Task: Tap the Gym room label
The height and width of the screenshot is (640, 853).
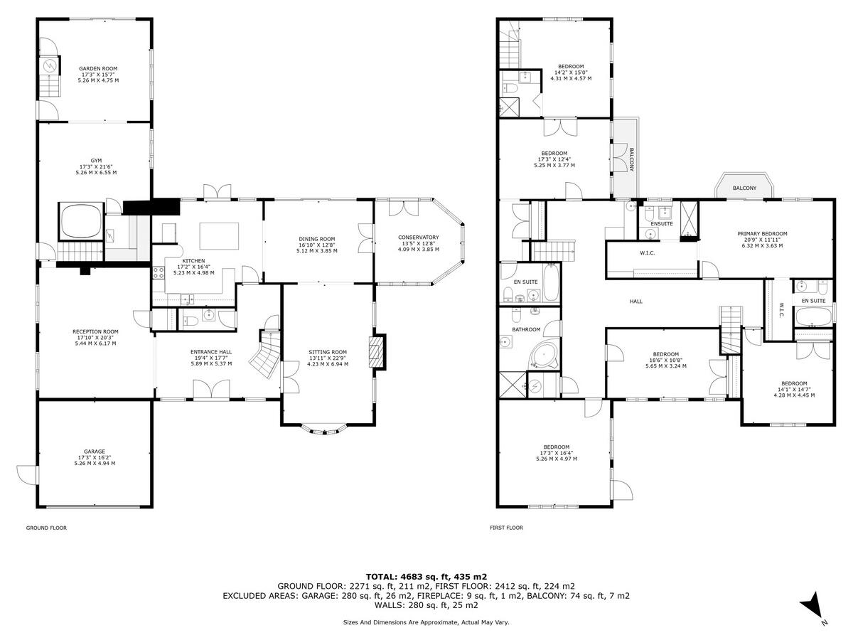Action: pos(96,161)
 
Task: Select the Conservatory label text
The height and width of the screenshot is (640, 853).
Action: pos(418,238)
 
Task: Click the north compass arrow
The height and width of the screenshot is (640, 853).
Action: pos(813,607)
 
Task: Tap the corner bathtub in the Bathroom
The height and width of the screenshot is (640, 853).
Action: pos(544,355)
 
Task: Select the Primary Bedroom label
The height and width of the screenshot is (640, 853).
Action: pos(762,233)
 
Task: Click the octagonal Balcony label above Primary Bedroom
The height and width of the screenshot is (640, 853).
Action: pos(744,188)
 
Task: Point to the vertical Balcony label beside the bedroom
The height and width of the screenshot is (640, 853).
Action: pos(631,159)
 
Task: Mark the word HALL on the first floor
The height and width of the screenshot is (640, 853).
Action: pos(636,302)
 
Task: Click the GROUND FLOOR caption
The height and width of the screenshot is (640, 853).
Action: pos(46,528)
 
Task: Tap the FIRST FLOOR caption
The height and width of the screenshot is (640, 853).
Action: pos(506,528)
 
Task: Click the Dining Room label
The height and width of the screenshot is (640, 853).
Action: pos(317,239)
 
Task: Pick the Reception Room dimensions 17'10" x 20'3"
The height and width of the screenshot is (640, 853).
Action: pos(95,338)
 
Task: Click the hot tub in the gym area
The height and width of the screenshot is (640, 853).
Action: pos(80,223)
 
